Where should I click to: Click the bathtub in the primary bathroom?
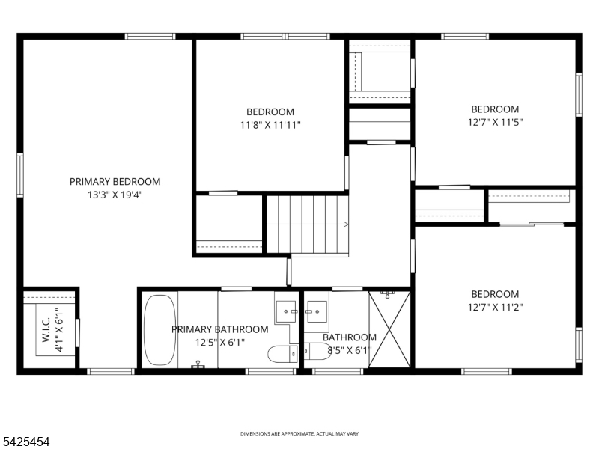(160, 330)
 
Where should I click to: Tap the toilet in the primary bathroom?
(283, 354)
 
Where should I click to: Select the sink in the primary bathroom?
(286, 311)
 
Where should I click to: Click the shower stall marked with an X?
(389, 329)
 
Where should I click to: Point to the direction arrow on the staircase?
(346, 224)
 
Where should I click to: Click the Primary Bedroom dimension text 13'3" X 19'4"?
(115, 195)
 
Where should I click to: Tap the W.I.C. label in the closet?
(46, 329)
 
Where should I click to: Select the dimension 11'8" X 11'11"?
(270, 125)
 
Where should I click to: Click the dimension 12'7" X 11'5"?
(495, 122)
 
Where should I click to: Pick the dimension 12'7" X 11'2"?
(495, 307)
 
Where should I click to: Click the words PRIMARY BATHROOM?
(219, 329)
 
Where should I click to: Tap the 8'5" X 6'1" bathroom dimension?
(350, 350)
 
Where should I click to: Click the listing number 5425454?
(25, 442)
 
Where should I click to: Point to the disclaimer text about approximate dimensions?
(299, 434)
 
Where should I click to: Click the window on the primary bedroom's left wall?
(20, 175)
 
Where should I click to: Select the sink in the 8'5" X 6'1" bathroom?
(317, 311)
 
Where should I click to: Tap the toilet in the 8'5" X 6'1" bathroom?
(317, 351)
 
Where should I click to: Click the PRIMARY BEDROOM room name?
(115, 182)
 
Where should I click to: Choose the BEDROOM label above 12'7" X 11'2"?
(495, 294)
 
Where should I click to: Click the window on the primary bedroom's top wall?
(150, 36)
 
